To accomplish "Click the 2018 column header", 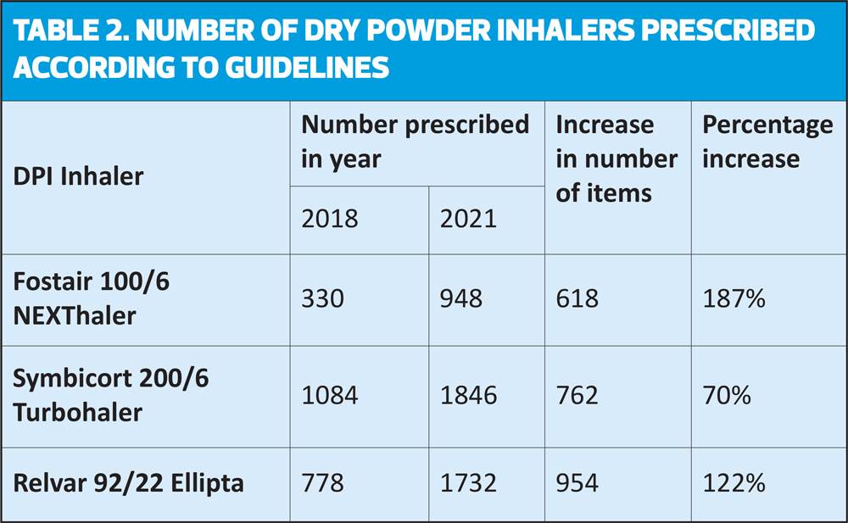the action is coord(329,219).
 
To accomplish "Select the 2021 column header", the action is coord(468,219).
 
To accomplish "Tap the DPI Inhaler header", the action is coord(78,176).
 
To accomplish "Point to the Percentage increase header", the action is coord(767,142).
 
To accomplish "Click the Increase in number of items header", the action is coord(616,159).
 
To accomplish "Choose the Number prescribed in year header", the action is coord(415,142).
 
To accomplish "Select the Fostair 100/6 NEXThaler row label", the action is coord(91,298).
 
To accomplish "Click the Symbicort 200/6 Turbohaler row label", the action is coord(110,395).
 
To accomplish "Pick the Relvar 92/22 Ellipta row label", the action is coord(128,483).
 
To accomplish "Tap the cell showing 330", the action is coord(322,298).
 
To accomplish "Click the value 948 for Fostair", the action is coord(460,298).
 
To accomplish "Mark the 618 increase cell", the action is coord(577,298).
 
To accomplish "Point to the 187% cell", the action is coord(734,298).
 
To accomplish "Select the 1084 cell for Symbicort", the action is coord(329,395).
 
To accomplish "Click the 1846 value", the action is coord(468,395).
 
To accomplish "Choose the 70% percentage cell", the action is coord(727,395).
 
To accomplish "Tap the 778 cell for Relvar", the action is coord(322,483).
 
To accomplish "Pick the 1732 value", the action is coord(468,483).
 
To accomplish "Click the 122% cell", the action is coord(734,483).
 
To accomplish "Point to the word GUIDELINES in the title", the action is coord(307,68).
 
